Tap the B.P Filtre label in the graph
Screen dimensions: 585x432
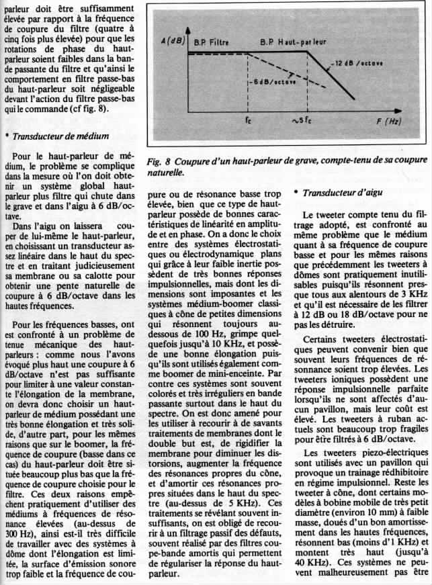210,43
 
